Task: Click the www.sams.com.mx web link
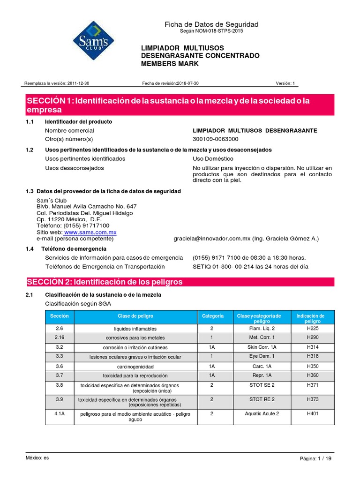tap(90, 232)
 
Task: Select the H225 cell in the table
tap(312, 329)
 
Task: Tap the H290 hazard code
tap(312, 337)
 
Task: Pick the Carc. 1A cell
tap(262, 366)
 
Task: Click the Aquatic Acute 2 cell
tap(262, 413)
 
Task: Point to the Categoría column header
tap(212, 316)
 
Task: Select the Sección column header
tap(59, 316)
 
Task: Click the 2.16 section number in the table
tap(59, 337)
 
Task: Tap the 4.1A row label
tap(59, 413)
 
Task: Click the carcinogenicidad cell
tap(135, 366)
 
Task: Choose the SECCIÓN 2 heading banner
tap(180, 282)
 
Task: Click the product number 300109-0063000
tap(216, 139)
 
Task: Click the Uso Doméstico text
tap(213, 159)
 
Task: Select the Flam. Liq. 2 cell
tap(262, 329)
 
